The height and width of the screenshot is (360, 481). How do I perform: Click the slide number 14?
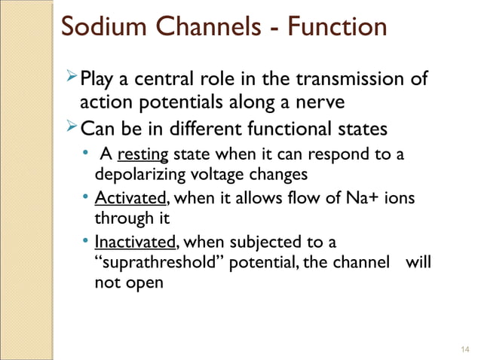464,348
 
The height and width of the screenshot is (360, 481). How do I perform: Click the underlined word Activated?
129,200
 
